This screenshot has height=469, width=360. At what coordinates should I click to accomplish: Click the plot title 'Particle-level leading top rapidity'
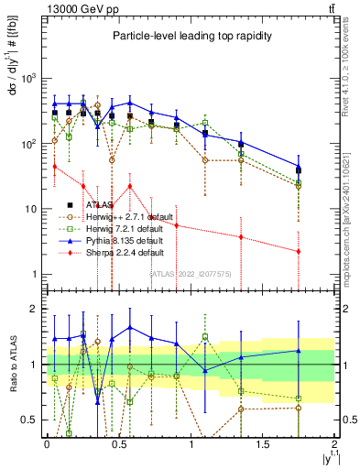point(187,35)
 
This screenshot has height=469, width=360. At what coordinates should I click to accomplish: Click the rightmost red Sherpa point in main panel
point(299,251)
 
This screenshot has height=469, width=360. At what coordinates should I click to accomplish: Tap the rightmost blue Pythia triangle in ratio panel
point(299,350)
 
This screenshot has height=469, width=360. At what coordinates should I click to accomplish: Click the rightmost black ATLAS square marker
point(299,171)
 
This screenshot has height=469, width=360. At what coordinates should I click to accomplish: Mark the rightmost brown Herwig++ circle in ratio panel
point(299,408)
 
